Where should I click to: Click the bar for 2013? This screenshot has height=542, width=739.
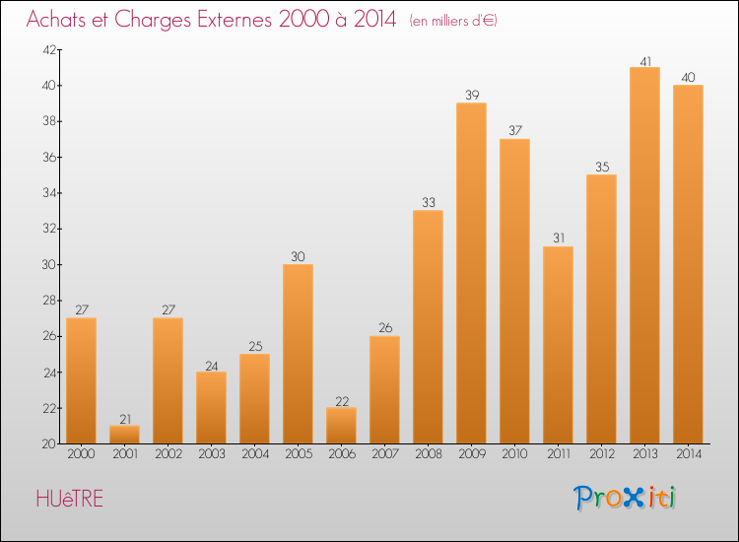tap(644, 255)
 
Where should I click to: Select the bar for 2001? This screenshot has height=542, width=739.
tap(124, 435)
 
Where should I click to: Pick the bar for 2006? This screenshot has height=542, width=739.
tap(341, 426)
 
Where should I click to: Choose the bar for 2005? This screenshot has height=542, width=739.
tap(298, 354)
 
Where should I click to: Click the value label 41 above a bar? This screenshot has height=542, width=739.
tap(644, 60)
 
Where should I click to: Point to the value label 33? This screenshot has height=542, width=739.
tap(428, 203)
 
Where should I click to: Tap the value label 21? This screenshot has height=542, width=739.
tap(124, 419)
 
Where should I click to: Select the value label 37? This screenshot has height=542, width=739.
tap(514, 131)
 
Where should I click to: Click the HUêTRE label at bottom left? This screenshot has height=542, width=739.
tap(69, 499)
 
